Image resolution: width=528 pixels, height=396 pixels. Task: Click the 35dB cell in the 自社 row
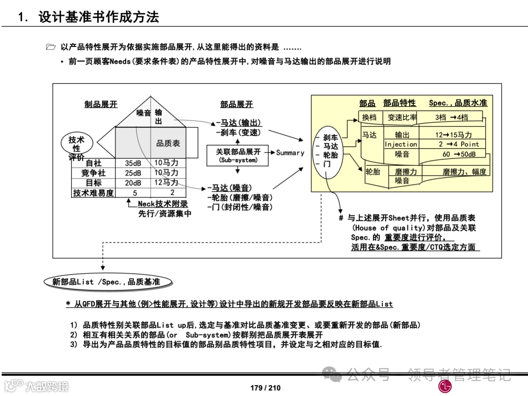click(x=132, y=163)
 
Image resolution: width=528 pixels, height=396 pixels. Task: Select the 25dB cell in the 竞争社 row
click(x=132, y=173)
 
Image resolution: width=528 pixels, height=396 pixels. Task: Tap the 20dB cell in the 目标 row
click(x=132, y=183)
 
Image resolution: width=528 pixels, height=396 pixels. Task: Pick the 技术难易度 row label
click(x=93, y=193)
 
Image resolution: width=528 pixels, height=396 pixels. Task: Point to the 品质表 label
click(x=168, y=143)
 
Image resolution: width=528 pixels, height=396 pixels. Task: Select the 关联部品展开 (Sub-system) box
click(x=238, y=155)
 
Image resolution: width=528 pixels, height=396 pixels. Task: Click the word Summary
click(x=290, y=153)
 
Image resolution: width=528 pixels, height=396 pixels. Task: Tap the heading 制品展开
click(x=101, y=104)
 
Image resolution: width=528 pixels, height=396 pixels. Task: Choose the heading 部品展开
click(x=237, y=104)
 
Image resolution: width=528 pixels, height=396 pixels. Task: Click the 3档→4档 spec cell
click(x=451, y=117)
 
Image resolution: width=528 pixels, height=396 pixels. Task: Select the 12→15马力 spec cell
click(x=454, y=135)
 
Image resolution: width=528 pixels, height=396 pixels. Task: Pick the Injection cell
click(x=401, y=144)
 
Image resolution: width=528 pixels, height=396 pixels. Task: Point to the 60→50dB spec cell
click(x=452, y=154)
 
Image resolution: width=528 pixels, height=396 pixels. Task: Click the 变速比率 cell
click(x=402, y=117)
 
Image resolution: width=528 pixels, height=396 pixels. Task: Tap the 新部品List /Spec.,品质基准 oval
click(x=106, y=282)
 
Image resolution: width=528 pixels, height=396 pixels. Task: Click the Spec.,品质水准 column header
click(x=458, y=103)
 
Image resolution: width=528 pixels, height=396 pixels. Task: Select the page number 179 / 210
click(x=265, y=388)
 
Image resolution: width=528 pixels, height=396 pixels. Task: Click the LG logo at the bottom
click(x=445, y=386)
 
